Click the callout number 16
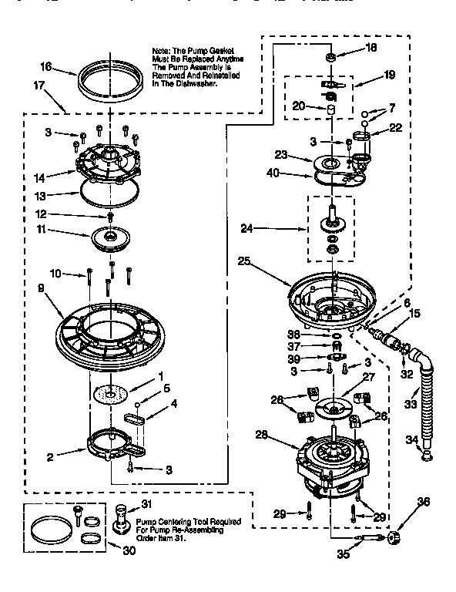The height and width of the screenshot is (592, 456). [x=45, y=67]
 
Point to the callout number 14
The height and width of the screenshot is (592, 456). [x=47, y=177]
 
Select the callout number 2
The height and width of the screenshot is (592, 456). [x=50, y=457]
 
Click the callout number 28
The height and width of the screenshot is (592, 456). [x=261, y=435]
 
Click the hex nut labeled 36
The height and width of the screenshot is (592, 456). [x=397, y=536]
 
